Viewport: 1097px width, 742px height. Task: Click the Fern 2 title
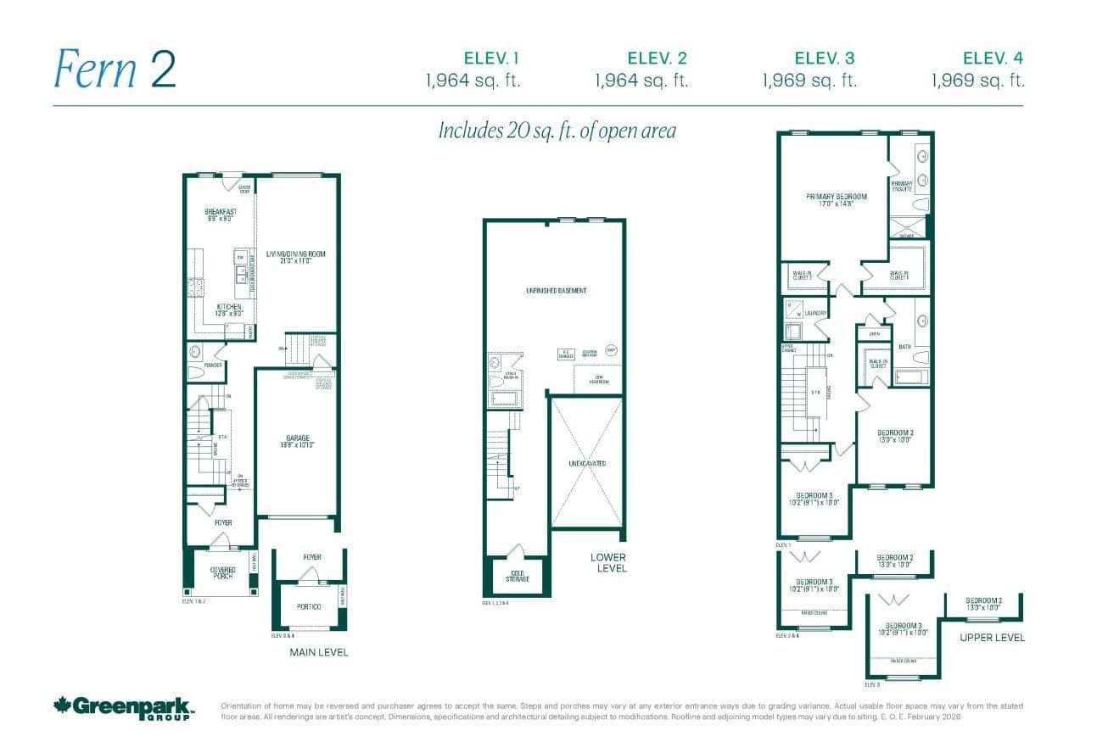pyautogui.click(x=115, y=69)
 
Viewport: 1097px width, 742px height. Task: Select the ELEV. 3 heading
pyautogui.click(x=824, y=59)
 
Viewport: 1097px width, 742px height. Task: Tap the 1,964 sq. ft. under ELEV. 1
pyautogui.click(x=473, y=81)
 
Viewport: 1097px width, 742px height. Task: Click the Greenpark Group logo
pyautogui.click(x=124, y=706)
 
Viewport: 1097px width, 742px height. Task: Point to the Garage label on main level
pyautogui.click(x=297, y=442)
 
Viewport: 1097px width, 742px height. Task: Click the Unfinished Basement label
pyautogui.click(x=556, y=291)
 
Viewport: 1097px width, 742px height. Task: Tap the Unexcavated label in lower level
pyautogui.click(x=587, y=464)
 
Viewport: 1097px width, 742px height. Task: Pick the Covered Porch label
pyautogui.click(x=222, y=573)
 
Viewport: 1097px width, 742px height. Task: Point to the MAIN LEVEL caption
pyautogui.click(x=319, y=652)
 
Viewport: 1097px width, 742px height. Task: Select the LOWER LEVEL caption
pyautogui.click(x=608, y=562)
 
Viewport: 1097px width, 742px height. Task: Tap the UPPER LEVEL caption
pyautogui.click(x=992, y=637)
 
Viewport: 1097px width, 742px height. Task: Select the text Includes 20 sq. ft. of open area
pyautogui.click(x=557, y=131)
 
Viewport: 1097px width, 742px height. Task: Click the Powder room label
pyautogui.click(x=213, y=365)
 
